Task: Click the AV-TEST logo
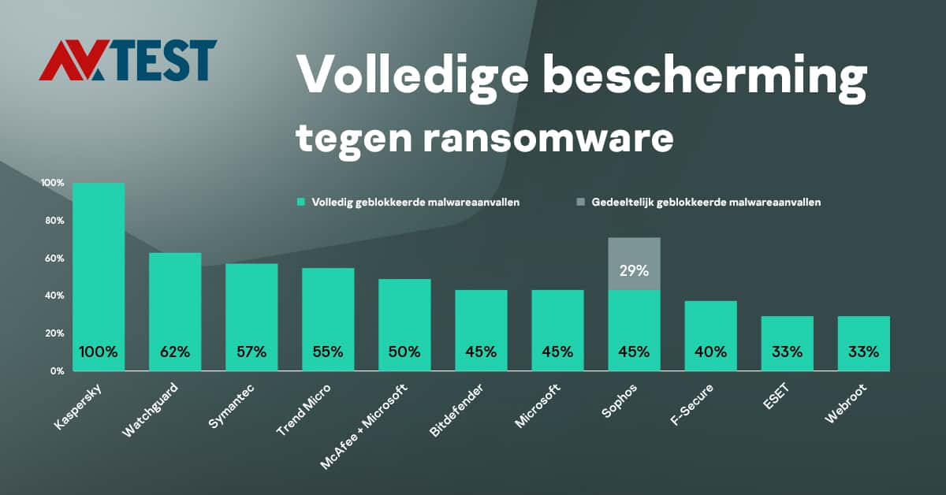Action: [x=128, y=61]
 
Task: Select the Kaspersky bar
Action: [x=99, y=260]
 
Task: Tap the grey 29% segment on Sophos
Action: [x=634, y=264]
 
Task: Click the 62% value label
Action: [x=175, y=352]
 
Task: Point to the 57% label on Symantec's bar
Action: [x=251, y=352]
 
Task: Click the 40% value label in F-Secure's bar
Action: [x=710, y=352]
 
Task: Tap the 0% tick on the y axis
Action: [x=58, y=370]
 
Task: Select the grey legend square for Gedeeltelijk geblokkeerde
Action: [x=581, y=203]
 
